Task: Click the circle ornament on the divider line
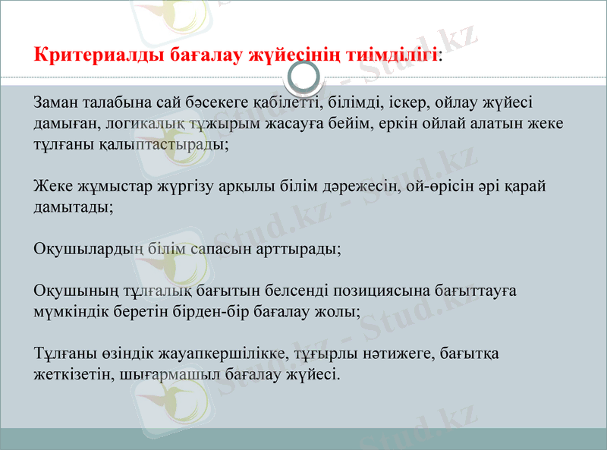(x=305, y=77)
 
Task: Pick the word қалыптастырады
(x=162, y=143)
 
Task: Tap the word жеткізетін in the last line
(x=71, y=375)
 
